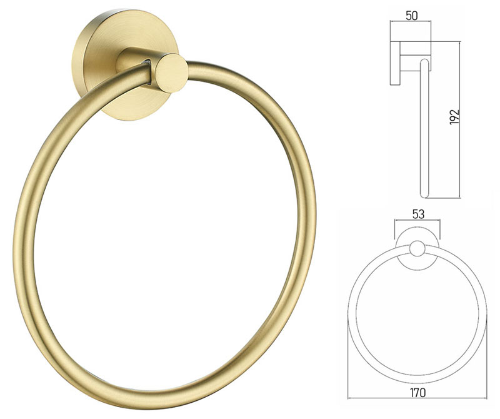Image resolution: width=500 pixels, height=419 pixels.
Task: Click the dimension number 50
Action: [x=411, y=14]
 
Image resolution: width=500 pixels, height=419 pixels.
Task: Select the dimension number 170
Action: [x=418, y=393]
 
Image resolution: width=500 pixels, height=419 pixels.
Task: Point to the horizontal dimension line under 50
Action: [x=411, y=23]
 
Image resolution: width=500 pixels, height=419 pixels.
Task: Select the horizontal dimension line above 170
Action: [x=417, y=384]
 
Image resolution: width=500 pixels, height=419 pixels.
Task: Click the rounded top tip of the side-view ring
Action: [x=424, y=62]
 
